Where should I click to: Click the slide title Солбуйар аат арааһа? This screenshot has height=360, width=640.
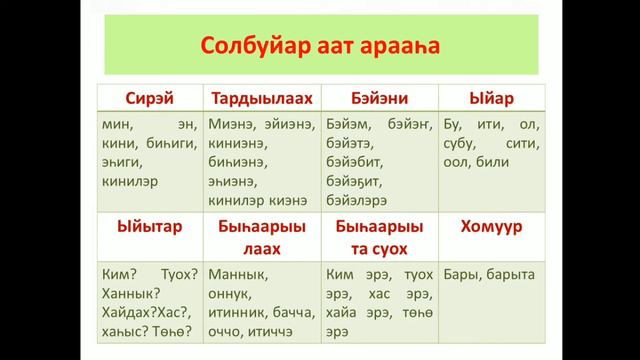[x=319, y=46]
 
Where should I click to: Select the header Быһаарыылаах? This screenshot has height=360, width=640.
[x=262, y=237]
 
